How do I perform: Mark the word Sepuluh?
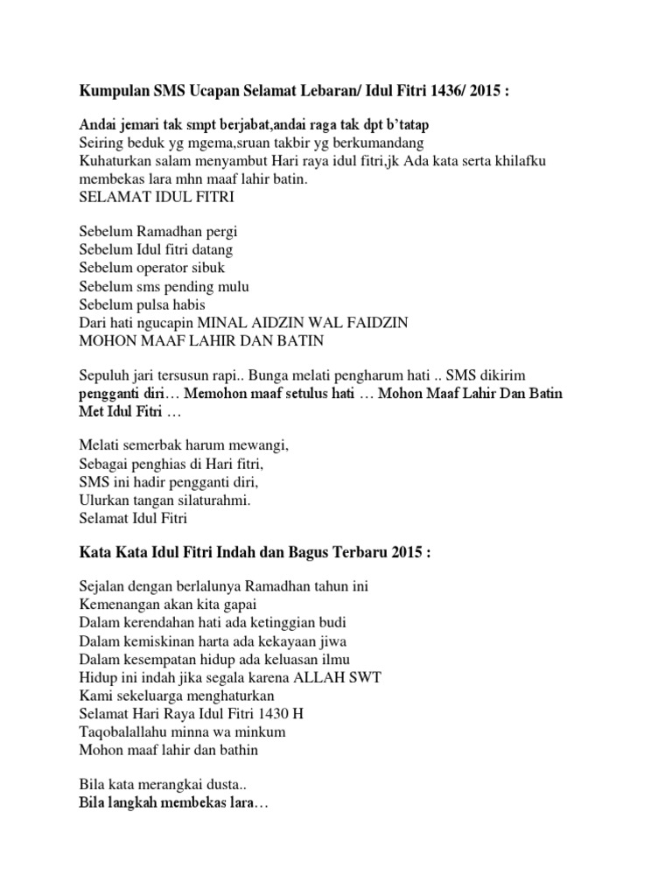coord(103,374)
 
